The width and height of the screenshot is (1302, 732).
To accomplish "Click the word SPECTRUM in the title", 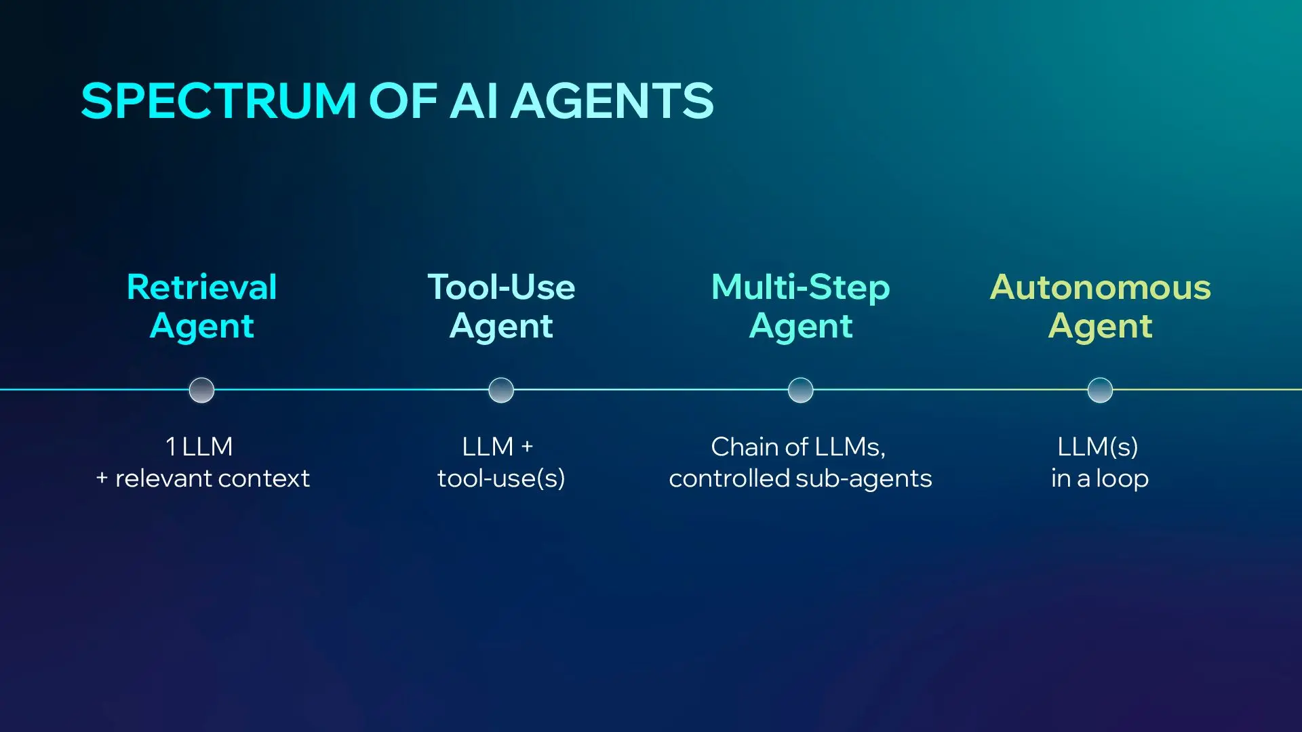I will (218, 102).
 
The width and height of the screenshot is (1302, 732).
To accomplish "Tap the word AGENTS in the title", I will (612, 102).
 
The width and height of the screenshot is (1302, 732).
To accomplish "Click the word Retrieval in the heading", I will (201, 287).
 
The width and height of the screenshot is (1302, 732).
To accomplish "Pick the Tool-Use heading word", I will (501, 287).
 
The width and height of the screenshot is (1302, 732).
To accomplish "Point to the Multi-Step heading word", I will (800, 287).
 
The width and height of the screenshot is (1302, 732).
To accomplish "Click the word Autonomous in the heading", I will (1100, 287).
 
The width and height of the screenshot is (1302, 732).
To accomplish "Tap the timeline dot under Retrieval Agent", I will (201, 390).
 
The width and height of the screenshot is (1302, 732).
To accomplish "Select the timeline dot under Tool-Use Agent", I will (501, 390).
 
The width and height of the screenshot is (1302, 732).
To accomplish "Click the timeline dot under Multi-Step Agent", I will (800, 390).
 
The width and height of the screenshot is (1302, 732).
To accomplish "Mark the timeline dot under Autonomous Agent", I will (1100, 390).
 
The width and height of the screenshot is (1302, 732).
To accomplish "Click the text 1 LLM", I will (199, 447).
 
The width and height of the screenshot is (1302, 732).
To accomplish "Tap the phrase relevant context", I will (212, 479).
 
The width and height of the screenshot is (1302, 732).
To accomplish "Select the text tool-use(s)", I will (501, 479).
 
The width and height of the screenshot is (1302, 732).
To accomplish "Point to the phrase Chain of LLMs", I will (797, 447).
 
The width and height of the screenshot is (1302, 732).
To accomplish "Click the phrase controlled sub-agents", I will (800, 479).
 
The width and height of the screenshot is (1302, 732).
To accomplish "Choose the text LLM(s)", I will (1098, 447).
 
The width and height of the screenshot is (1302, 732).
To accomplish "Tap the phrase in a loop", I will (1100, 479).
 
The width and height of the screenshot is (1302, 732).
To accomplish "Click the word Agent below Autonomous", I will (1100, 326).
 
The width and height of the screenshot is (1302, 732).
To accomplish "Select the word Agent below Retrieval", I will (201, 326).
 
